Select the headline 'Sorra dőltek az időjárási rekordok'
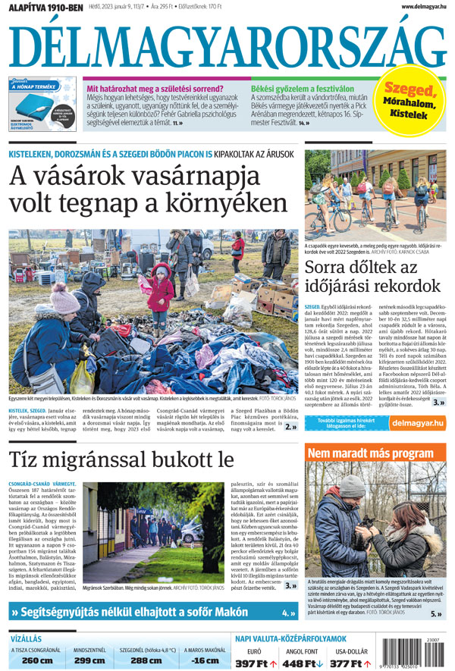(x=372, y=277)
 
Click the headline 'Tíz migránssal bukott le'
(x=121, y=460)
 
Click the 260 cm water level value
(x=36, y=660)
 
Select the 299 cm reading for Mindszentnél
(x=89, y=660)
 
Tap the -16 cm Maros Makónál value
(x=203, y=660)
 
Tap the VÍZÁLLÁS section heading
(x=26, y=638)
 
